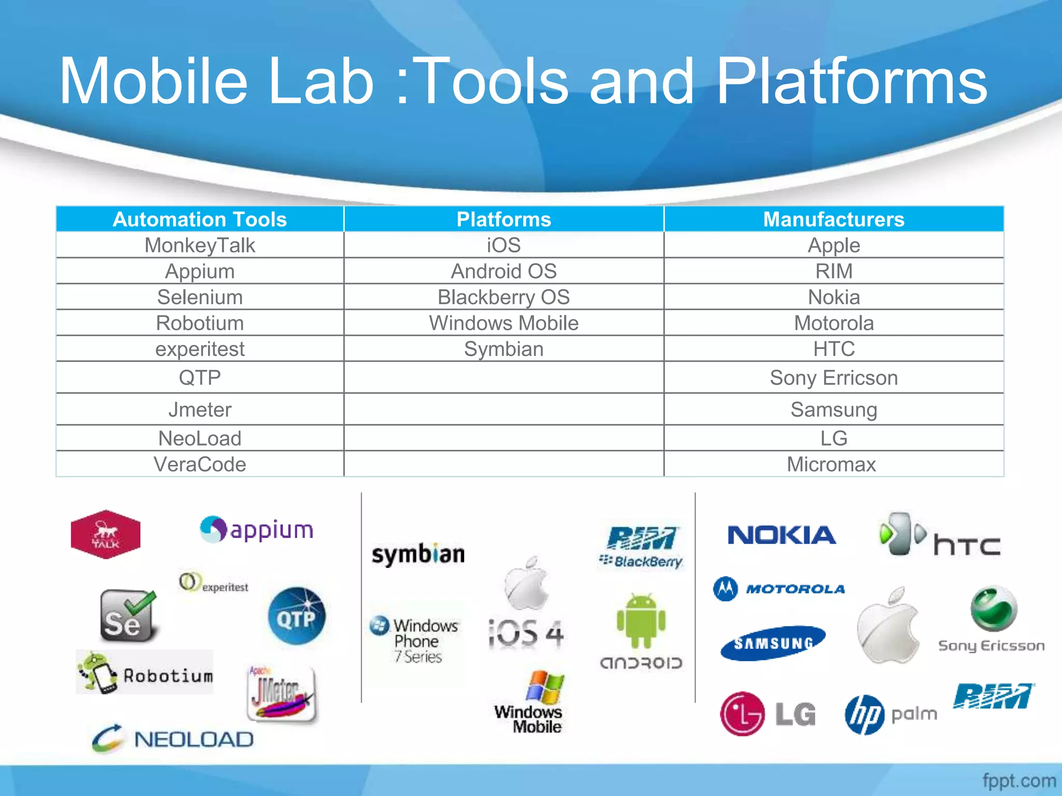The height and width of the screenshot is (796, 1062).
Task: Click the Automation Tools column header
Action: pyautogui.click(x=200, y=219)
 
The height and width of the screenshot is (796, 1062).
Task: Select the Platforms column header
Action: pyautogui.click(x=504, y=219)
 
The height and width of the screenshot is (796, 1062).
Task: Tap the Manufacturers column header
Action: pyautogui.click(x=833, y=219)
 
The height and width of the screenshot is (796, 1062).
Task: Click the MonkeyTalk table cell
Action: pyautogui.click(x=200, y=245)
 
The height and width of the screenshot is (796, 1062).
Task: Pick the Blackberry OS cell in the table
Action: pyautogui.click(x=504, y=297)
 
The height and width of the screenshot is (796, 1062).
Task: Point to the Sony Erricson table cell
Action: pyautogui.click(x=833, y=378)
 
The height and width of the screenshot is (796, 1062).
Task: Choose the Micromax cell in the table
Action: pyautogui.click(x=831, y=464)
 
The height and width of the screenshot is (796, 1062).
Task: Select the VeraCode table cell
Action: pyautogui.click(x=200, y=464)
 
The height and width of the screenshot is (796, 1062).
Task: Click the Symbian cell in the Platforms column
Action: pyautogui.click(x=504, y=349)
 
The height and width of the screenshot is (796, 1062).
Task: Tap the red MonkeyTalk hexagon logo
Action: pyautogui.click(x=106, y=534)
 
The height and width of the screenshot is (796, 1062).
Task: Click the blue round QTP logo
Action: pyautogui.click(x=297, y=616)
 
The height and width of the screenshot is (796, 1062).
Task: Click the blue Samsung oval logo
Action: pyautogui.click(x=773, y=643)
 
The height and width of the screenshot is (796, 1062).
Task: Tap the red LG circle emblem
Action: pyautogui.click(x=742, y=714)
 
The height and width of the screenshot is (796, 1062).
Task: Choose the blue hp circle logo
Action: pyautogui.click(x=864, y=715)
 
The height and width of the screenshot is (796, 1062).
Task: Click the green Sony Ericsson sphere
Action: pyautogui.click(x=993, y=609)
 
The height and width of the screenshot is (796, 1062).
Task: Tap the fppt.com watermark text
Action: pyautogui.click(x=1019, y=780)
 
